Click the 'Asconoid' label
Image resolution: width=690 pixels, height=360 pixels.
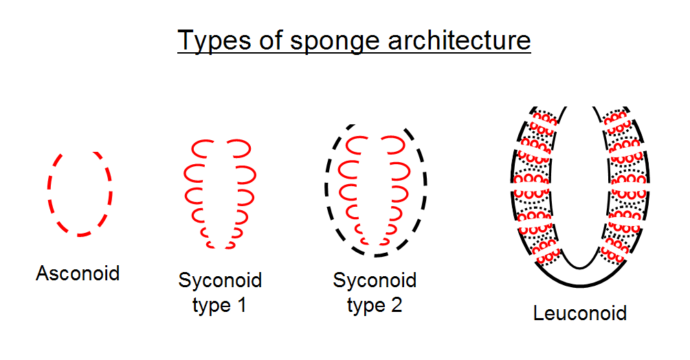78,273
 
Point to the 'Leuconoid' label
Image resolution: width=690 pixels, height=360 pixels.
580,314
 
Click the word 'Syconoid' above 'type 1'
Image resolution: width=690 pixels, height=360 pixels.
220,280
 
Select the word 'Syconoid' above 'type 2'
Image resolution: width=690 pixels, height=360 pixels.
375,280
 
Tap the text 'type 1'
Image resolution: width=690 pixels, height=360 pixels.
219,305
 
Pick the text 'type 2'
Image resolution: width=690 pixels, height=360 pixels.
375,305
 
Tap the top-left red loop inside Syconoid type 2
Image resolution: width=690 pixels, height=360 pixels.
357,145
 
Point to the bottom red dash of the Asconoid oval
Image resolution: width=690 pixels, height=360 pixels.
81,235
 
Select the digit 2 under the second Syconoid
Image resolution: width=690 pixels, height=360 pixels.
395,305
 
